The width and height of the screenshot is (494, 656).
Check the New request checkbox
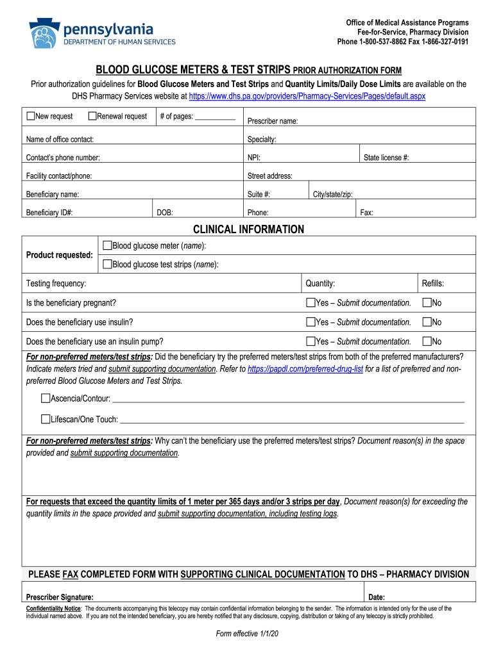[x=31, y=117]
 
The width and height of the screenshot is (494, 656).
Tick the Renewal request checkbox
[x=92, y=117]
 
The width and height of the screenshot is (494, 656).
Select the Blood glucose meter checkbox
[x=107, y=246]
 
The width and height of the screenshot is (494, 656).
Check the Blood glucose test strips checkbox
[x=107, y=264]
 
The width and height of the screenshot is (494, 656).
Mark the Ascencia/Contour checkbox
[x=46, y=399]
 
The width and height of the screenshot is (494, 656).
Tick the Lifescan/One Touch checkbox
[x=46, y=419]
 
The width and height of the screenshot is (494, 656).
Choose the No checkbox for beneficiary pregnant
[x=427, y=302]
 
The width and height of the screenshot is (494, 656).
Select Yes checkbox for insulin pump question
[x=311, y=341]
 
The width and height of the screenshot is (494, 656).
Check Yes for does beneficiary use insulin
[x=311, y=322]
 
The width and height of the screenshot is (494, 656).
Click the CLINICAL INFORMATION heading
[x=249, y=229]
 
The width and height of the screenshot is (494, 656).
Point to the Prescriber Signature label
[x=60, y=596]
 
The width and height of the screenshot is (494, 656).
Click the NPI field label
[x=253, y=158]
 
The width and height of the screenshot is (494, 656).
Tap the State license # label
[x=386, y=158]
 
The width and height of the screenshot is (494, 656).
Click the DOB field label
[x=165, y=213]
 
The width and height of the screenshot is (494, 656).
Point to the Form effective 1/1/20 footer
[x=247, y=634]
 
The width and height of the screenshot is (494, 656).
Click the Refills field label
[x=432, y=283]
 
